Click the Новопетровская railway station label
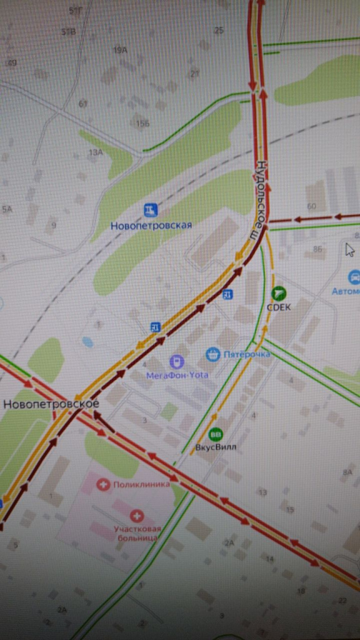click(x=151, y=226)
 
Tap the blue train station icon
click(x=150, y=209)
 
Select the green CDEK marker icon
click(x=279, y=292)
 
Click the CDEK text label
click(x=279, y=307)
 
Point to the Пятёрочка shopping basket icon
click(x=213, y=354)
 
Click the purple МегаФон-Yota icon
click(x=177, y=361)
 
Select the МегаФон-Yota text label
click(x=177, y=375)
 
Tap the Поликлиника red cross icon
click(x=103, y=484)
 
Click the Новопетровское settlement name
click(x=51, y=404)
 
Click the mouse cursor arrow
click(x=350, y=249)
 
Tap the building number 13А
click(x=96, y=152)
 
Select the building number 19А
click(x=120, y=50)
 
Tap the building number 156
click(x=142, y=124)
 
